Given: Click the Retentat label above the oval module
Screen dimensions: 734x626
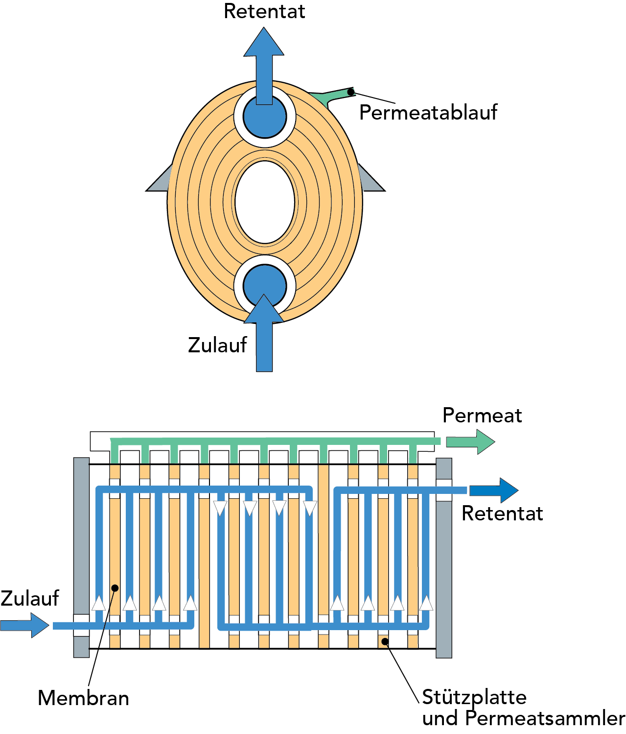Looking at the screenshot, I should (x=264, y=11).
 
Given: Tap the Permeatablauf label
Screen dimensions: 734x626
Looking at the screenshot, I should (x=428, y=113).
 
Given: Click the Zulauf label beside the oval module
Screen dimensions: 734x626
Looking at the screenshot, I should (x=217, y=345).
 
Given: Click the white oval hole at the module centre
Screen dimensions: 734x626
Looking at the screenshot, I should (x=265, y=202).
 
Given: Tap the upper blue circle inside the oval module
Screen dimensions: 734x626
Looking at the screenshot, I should (x=265, y=118).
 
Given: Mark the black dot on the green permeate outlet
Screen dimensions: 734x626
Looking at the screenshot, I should (x=351, y=92).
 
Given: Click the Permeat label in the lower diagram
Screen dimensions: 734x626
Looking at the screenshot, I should (x=482, y=416).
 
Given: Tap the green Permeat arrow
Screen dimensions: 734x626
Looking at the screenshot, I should (x=470, y=441).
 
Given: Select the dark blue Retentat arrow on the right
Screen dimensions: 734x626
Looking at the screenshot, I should (x=493, y=490).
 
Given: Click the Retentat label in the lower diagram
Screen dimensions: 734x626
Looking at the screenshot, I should (x=502, y=514).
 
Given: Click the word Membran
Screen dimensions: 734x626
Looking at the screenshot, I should (x=83, y=698).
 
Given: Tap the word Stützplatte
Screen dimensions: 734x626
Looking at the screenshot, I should (x=474, y=697).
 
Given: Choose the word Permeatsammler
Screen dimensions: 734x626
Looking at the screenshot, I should (x=545, y=718).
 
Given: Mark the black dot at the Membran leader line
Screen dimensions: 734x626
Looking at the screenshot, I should (x=115, y=587).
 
